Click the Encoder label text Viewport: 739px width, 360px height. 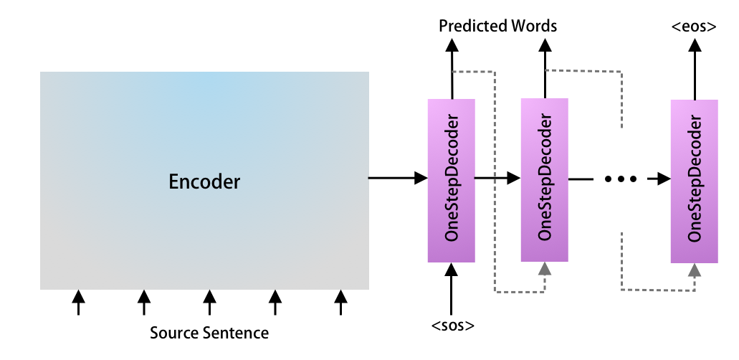204,182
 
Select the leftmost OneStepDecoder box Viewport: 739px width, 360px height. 451,179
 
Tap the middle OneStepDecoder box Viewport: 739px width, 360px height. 544,179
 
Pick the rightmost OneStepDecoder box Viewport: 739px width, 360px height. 694,181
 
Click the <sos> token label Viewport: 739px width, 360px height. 452,326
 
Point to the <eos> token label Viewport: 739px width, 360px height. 693,27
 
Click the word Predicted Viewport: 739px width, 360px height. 470,27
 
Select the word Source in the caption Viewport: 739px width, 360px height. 173,333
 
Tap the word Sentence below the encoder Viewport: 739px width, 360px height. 234,333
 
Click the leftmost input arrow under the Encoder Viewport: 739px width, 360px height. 79,302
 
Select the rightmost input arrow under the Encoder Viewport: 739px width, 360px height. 341,302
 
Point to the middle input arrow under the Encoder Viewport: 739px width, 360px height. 209,302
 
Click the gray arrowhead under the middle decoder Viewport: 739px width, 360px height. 545,268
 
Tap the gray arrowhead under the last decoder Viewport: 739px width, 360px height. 694,270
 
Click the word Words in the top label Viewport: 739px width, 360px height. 531,27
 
